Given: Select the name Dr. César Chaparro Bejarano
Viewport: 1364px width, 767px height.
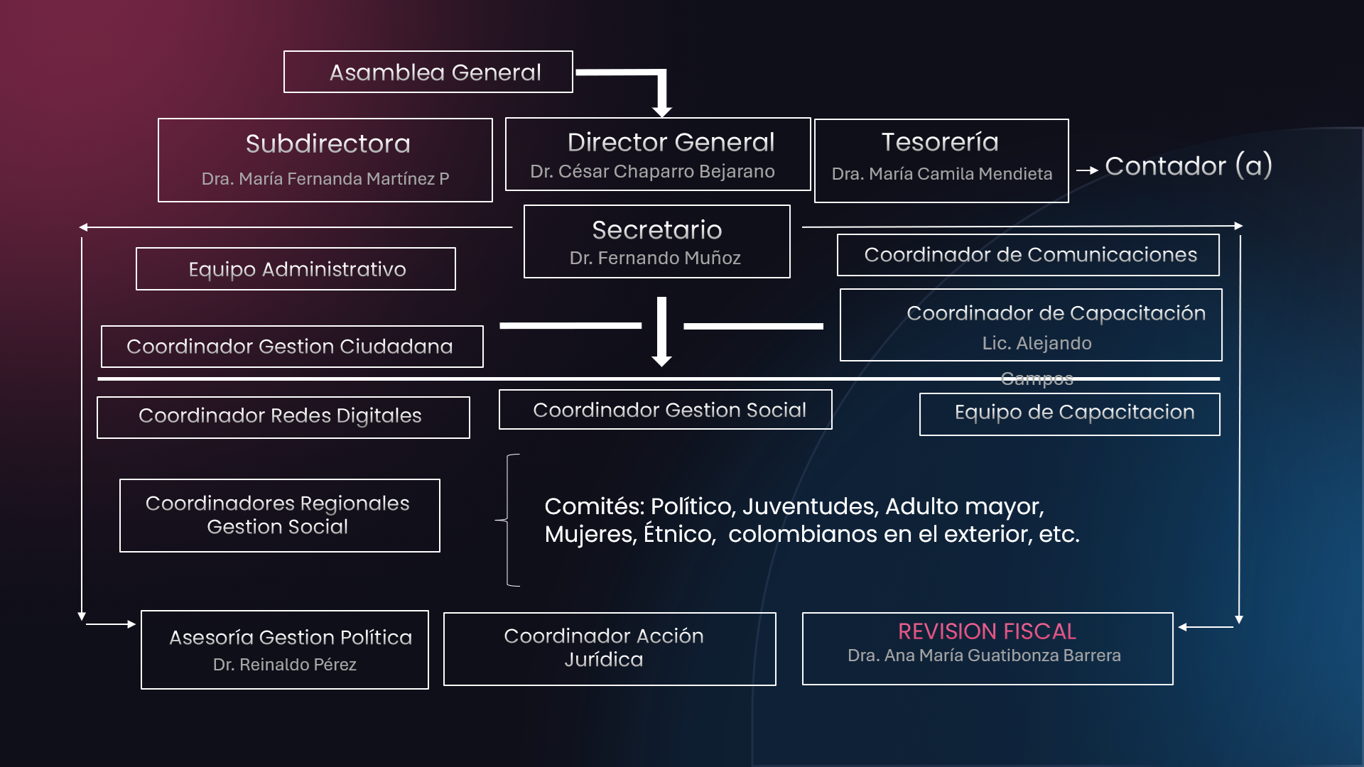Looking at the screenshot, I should (652, 172).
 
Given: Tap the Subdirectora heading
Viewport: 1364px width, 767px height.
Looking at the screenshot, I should (328, 144).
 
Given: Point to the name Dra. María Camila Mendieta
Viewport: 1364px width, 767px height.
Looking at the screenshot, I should (941, 174).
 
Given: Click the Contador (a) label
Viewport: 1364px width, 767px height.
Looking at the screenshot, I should (1188, 166).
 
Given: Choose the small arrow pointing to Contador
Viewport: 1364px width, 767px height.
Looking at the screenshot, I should (1087, 170).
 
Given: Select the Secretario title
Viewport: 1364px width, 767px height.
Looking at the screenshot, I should (656, 230).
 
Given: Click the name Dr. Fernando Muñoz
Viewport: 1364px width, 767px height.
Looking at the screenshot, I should (655, 259).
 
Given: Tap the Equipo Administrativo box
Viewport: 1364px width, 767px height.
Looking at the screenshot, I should (296, 269).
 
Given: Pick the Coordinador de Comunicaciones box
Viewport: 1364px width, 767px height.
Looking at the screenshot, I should (1029, 255).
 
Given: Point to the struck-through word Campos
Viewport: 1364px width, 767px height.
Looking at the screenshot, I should (1036, 379).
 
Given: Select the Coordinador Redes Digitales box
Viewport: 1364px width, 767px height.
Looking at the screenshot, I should (283, 417).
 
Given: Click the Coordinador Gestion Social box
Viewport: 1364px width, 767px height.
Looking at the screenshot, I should (666, 410).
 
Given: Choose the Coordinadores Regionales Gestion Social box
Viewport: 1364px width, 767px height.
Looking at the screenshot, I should (279, 516).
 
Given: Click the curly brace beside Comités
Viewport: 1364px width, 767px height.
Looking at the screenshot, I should (507, 520).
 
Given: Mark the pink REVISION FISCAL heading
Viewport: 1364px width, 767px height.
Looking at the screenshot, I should (987, 631).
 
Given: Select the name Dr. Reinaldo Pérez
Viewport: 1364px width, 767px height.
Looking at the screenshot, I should (284, 665).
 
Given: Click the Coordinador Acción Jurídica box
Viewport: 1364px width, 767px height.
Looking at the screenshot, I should (610, 648).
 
